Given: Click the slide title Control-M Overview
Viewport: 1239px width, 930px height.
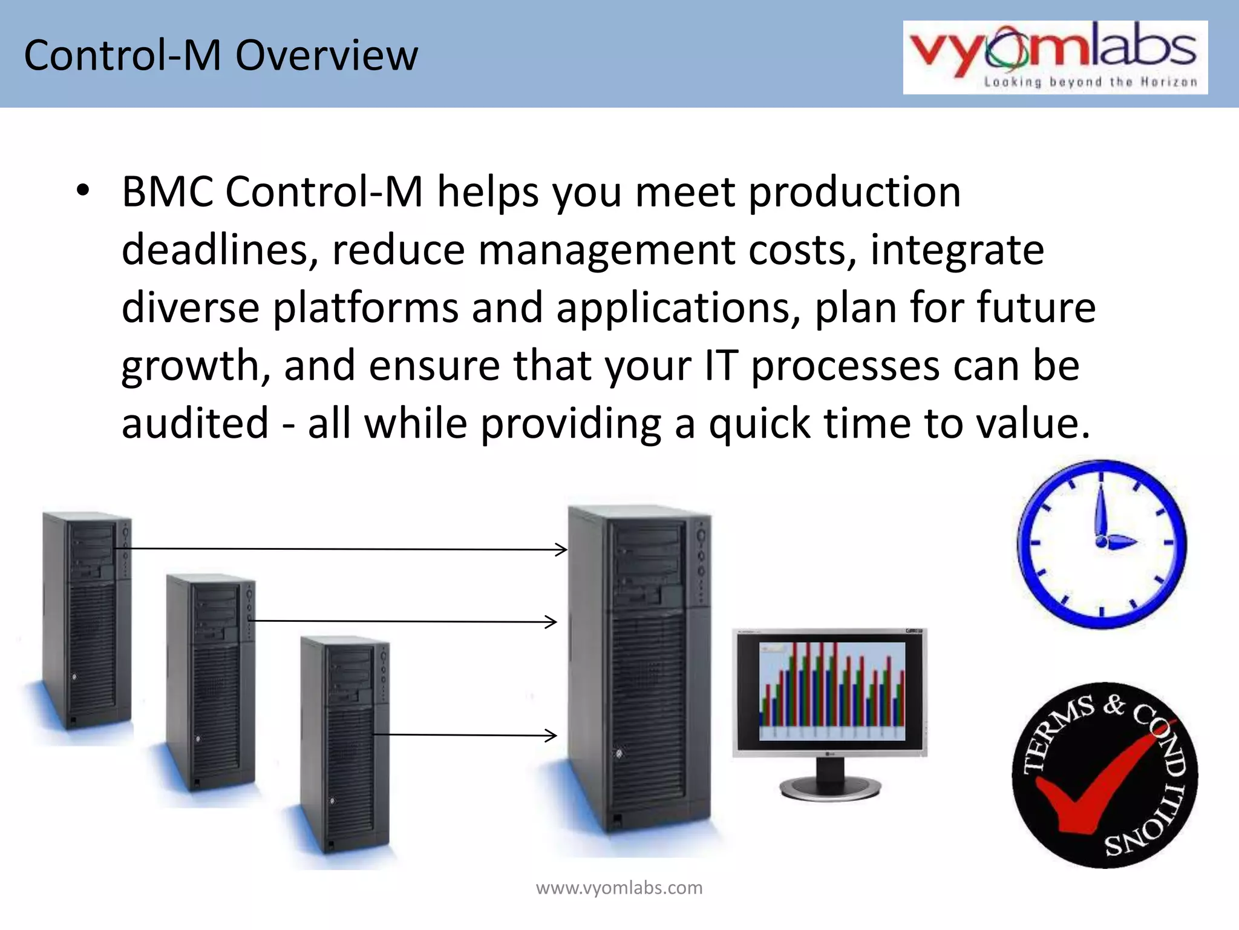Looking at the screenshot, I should point(221,56).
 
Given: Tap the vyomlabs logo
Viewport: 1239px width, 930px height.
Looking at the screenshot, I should point(1054,57).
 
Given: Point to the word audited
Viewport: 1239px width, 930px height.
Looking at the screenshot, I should point(195,423).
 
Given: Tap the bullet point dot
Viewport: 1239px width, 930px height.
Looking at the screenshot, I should point(83,191).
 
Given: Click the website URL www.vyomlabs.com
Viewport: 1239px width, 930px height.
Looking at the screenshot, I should point(619,888).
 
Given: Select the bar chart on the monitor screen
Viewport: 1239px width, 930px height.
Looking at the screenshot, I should point(832,691).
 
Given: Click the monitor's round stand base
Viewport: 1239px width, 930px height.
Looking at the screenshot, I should point(830,788).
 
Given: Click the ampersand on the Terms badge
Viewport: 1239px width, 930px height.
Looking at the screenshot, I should point(1113,705).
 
